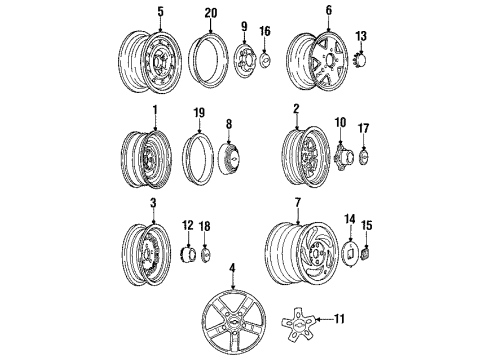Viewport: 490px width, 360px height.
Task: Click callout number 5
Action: coord(158,12)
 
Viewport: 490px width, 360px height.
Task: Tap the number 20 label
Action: coord(208,12)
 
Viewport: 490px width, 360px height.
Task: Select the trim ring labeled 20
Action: coord(208,62)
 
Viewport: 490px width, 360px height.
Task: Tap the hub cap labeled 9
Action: coord(245,62)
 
